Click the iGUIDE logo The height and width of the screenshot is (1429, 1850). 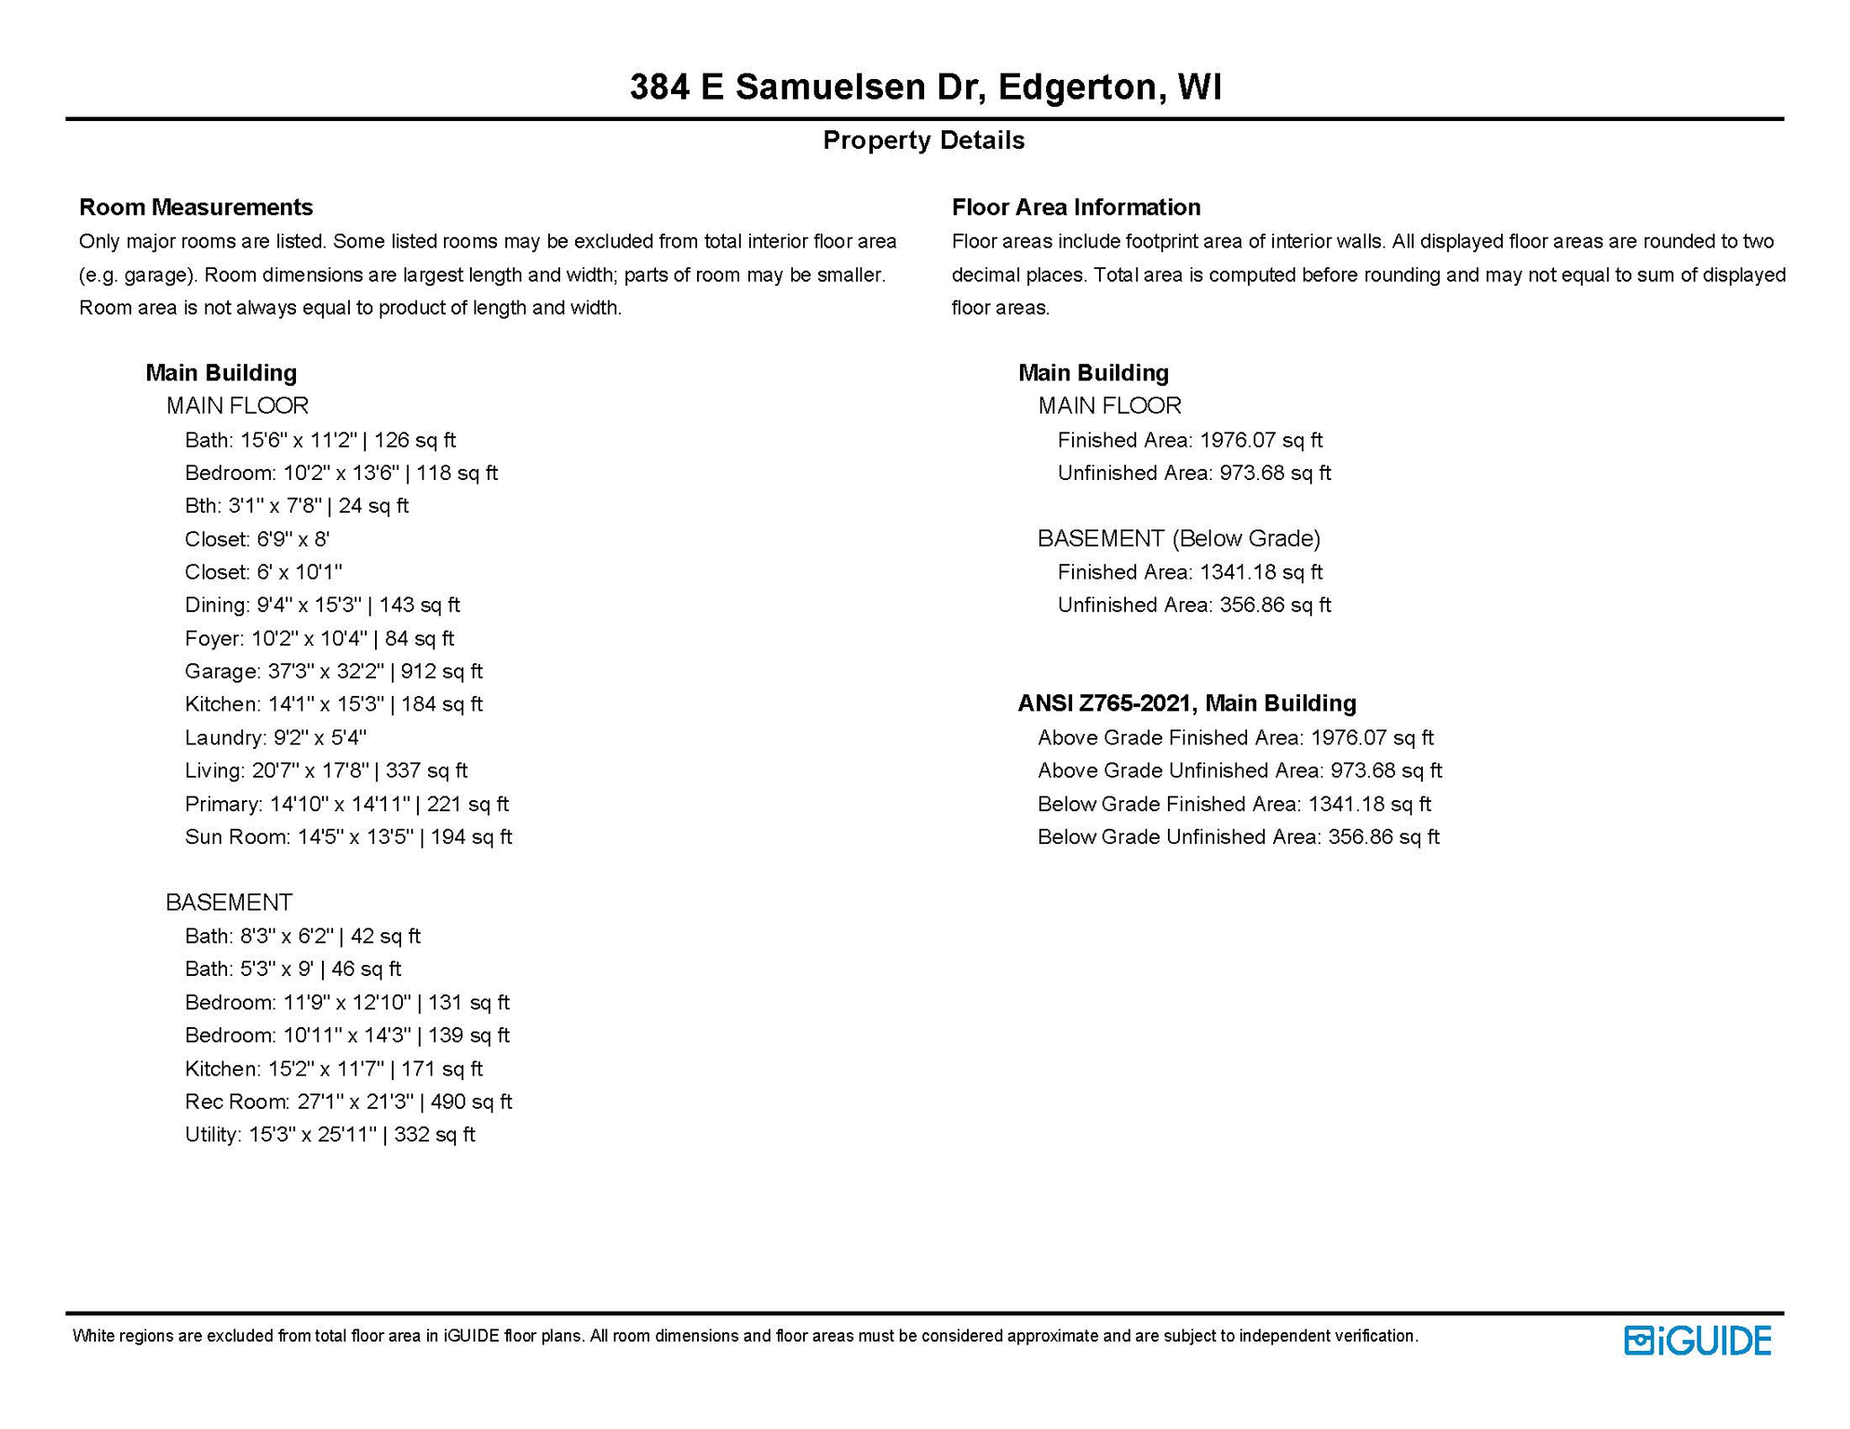[x=1697, y=1340]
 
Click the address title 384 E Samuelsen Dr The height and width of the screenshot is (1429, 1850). [x=925, y=87]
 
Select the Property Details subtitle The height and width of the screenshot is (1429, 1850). [x=923, y=140]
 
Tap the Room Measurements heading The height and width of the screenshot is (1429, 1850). [x=195, y=207]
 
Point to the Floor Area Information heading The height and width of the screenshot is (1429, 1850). [x=1076, y=207]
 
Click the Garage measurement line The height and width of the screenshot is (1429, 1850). [x=333, y=671]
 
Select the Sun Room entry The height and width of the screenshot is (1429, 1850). [x=348, y=836]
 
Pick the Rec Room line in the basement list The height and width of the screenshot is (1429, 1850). [x=348, y=1102]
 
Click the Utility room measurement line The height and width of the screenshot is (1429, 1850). [x=329, y=1134]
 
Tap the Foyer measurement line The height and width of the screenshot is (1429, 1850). [x=319, y=638]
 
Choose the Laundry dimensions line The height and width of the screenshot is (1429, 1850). [x=275, y=738]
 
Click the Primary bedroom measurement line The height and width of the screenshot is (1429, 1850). [x=346, y=804]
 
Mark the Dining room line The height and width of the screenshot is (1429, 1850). [x=322, y=605]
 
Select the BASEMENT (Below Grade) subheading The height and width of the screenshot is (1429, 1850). [x=1179, y=539]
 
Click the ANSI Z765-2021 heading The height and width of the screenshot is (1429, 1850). [x=1186, y=703]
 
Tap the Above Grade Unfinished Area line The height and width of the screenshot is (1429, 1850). [x=1240, y=770]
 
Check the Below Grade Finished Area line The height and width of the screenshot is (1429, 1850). [x=1234, y=804]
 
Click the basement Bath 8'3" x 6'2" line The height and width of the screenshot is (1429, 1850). [x=302, y=936]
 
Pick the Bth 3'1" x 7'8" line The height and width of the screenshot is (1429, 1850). [x=297, y=506]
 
